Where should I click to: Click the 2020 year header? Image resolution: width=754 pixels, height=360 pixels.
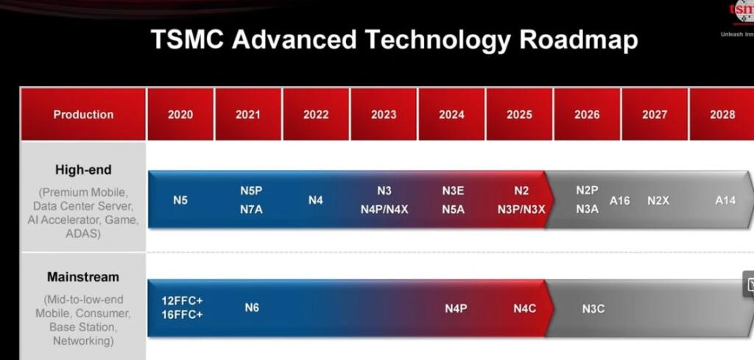pyautogui.click(x=180, y=114)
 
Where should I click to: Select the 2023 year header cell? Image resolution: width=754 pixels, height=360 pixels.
pyautogui.click(x=384, y=114)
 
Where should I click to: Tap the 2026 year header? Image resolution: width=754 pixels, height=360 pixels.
pyautogui.click(x=587, y=114)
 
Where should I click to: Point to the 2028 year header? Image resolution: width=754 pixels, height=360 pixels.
pyautogui.click(x=722, y=114)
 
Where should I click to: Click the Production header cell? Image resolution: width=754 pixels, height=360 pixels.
pyautogui.click(x=83, y=114)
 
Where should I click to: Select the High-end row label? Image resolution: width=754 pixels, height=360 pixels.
pyautogui.click(x=83, y=170)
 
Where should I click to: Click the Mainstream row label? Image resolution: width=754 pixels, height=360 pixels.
pyautogui.click(x=83, y=278)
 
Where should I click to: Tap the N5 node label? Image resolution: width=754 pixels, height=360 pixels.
pyautogui.click(x=180, y=200)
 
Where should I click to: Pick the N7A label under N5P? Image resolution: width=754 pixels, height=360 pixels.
pyautogui.click(x=251, y=209)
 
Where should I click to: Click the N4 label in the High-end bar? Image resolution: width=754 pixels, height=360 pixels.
pyautogui.click(x=315, y=200)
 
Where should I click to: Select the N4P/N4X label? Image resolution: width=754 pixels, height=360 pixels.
pyautogui.click(x=384, y=209)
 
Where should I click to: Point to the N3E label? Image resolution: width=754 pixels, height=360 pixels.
pyautogui.click(x=453, y=191)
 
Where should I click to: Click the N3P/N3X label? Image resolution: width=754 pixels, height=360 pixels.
pyautogui.click(x=521, y=209)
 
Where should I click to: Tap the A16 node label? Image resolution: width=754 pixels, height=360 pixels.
pyautogui.click(x=620, y=200)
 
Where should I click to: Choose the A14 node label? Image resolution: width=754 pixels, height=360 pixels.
pyautogui.click(x=725, y=200)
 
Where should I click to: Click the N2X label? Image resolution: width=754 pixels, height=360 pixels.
pyautogui.click(x=658, y=200)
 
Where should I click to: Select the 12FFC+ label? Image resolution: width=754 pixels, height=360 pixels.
pyautogui.click(x=182, y=300)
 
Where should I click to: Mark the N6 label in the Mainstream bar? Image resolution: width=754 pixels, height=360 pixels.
pyautogui.click(x=252, y=308)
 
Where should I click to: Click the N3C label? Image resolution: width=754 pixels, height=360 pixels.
pyautogui.click(x=593, y=308)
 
